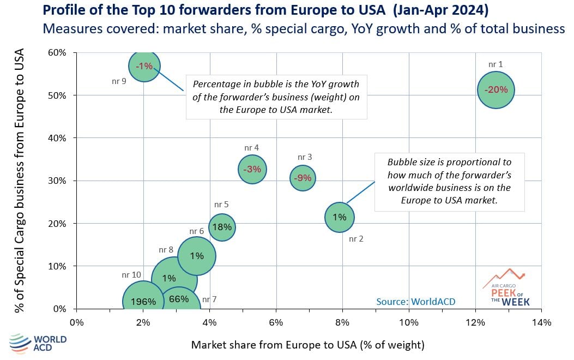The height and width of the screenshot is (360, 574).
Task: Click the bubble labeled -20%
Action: coord(496,90)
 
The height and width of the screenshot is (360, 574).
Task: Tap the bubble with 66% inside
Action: coord(178,299)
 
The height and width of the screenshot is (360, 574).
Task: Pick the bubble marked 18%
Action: coord(222,227)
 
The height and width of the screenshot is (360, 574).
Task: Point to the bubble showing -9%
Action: coord(303,177)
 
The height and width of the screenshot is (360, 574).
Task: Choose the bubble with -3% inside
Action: coord(252,169)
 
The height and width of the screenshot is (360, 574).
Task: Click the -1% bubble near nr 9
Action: coord(144,66)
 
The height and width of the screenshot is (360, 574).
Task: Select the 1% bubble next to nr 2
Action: coord(340,217)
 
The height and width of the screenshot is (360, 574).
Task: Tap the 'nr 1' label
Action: coord(496,64)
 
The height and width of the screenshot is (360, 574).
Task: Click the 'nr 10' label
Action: coord(131,275)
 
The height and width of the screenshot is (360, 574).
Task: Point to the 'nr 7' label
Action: coord(209,299)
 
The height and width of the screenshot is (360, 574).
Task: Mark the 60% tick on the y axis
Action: coord(57,53)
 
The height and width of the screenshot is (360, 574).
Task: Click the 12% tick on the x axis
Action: coord(475,323)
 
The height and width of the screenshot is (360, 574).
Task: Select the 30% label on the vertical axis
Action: coord(57,181)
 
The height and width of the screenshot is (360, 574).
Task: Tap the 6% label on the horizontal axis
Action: coord(276,323)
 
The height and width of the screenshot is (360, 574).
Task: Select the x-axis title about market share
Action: coord(307,345)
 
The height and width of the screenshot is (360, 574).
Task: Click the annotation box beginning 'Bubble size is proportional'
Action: coord(449,181)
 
